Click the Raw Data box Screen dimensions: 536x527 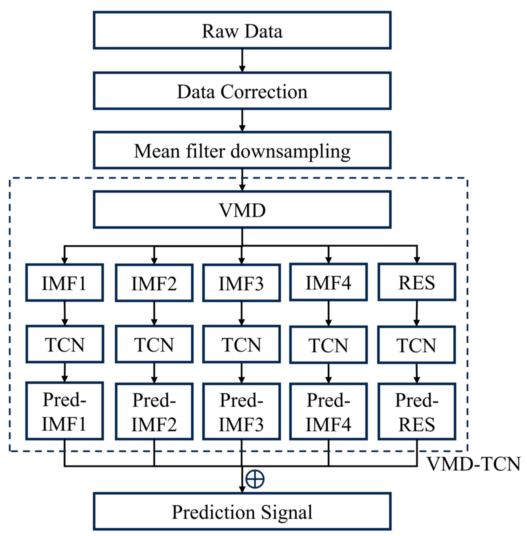click(x=242, y=30)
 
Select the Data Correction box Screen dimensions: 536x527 click(x=242, y=91)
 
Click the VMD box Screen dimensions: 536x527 click(x=242, y=210)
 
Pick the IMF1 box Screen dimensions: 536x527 click(x=65, y=282)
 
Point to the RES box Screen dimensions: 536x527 click(x=416, y=282)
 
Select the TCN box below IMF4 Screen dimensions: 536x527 click(x=329, y=345)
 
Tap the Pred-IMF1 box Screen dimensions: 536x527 click(x=65, y=411)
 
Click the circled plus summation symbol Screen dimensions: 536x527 click(x=255, y=479)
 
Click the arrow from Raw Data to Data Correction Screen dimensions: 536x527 click(x=242, y=61)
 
